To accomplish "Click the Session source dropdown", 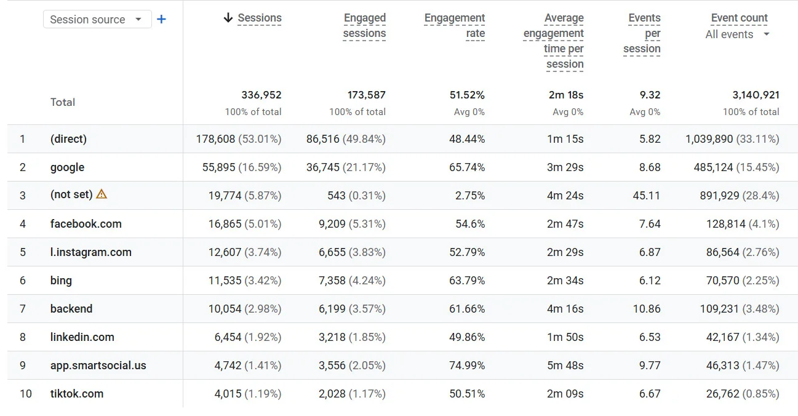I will [x=97, y=20].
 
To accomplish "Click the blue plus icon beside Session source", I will [x=161, y=19].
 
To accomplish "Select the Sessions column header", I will [x=259, y=18].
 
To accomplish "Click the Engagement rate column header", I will [x=455, y=26].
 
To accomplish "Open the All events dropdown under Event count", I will [x=737, y=34].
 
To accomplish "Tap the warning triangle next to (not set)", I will [x=102, y=194].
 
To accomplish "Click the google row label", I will [x=67, y=167].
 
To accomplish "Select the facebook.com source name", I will [x=86, y=224].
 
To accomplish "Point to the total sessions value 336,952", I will [x=261, y=95].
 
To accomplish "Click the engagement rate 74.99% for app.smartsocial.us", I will [x=466, y=366].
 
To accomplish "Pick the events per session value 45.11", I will [x=646, y=196].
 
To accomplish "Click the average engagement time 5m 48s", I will [x=565, y=366].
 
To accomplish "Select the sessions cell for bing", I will [x=244, y=281].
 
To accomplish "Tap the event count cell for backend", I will [x=739, y=309].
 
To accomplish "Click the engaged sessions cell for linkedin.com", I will [x=352, y=337].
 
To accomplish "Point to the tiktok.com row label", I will [x=76, y=394].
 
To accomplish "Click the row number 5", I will [x=23, y=252].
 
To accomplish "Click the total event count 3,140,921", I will [x=756, y=95].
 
